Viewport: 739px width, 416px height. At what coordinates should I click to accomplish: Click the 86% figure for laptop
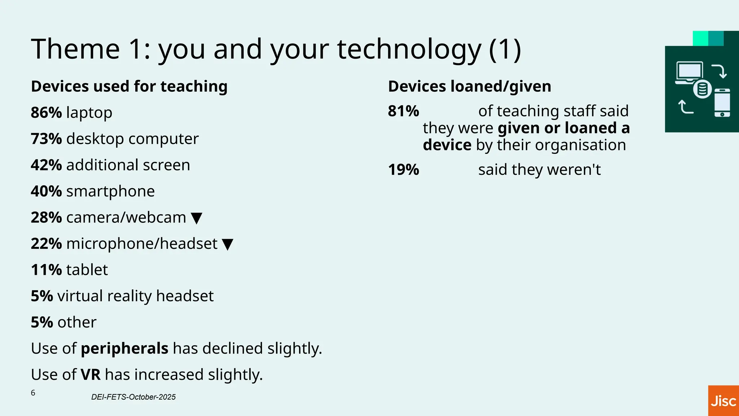pos(46,113)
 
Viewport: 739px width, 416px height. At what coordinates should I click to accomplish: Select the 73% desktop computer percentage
pos(46,139)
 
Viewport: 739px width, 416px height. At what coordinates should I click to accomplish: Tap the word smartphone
pos(110,191)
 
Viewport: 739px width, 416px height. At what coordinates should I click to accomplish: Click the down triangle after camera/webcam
pos(196,218)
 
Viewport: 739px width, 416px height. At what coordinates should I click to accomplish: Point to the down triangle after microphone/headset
pos(227,244)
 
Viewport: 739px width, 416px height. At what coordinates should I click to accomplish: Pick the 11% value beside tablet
pos(46,270)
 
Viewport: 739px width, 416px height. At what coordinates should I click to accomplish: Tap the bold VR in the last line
pos(91,375)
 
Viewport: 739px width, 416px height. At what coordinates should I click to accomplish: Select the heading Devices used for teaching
pos(129,87)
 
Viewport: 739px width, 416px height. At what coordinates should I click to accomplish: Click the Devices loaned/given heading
pos(469,87)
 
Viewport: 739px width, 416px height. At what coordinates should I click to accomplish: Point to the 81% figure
pos(403,111)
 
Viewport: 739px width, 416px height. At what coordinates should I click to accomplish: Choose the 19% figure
pos(403,170)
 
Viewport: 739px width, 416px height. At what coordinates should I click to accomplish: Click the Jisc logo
pos(723,401)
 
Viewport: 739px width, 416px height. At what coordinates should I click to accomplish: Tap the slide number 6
pos(33,393)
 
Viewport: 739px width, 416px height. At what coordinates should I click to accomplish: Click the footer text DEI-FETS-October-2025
pos(133,397)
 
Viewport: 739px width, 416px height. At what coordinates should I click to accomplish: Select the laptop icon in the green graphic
pos(689,73)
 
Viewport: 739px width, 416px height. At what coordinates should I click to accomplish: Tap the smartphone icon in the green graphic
pos(722,103)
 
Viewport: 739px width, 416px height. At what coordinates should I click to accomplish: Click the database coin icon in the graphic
pos(702,89)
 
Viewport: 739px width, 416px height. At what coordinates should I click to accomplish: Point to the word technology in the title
pos(409,49)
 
